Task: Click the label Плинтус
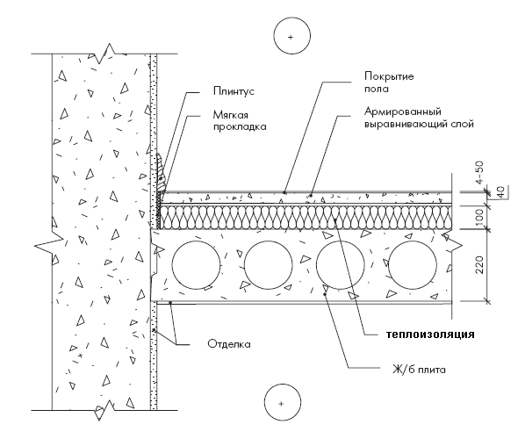234,91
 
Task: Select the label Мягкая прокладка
240,121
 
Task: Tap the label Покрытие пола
389,83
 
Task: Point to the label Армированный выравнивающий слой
419,118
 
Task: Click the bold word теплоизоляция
430,334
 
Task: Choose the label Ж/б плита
419,370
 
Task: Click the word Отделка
229,344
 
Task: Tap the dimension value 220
479,265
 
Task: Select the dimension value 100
479,217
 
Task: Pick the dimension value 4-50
479,173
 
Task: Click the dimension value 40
500,192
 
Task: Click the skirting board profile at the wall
161,174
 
